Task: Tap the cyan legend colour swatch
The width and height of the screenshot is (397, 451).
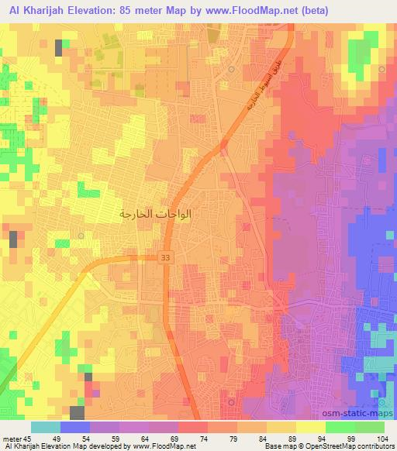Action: coord(46,427)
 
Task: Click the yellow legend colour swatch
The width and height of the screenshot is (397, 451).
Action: coord(311,427)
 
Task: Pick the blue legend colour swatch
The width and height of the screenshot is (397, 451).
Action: coord(75,427)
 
